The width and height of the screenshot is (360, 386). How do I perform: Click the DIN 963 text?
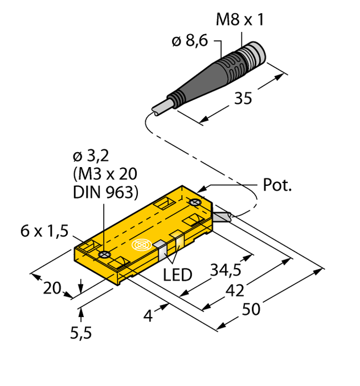(107, 193)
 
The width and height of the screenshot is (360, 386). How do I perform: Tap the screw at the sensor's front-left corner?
(104, 254)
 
